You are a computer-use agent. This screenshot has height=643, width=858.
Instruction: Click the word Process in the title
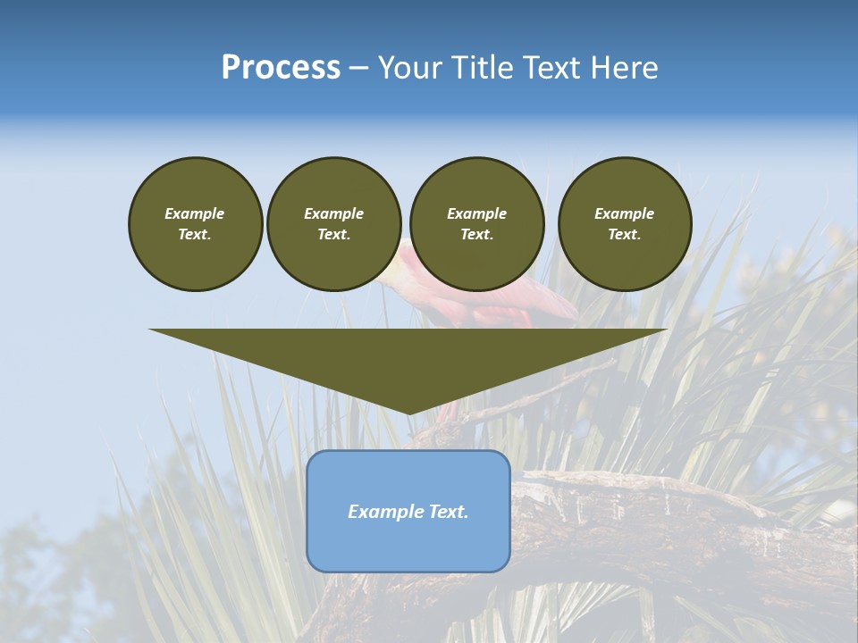pos(281,68)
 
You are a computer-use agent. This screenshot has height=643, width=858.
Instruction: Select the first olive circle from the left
pos(195,224)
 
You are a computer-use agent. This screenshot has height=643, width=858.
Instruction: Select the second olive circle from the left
pos(333,224)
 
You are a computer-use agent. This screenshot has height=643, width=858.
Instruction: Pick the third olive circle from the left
pos(476,224)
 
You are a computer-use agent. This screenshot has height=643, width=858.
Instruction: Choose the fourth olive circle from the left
pos(625,224)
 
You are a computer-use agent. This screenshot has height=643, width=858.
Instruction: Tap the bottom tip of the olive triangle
pos(408,412)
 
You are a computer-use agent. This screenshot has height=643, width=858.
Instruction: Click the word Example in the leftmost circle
pos(195,213)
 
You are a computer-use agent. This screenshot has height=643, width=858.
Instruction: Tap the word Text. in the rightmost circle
pos(625,235)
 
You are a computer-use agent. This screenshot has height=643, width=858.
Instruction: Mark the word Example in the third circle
pos(476,213)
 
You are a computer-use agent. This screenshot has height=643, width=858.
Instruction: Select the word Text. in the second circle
pos(333,235)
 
